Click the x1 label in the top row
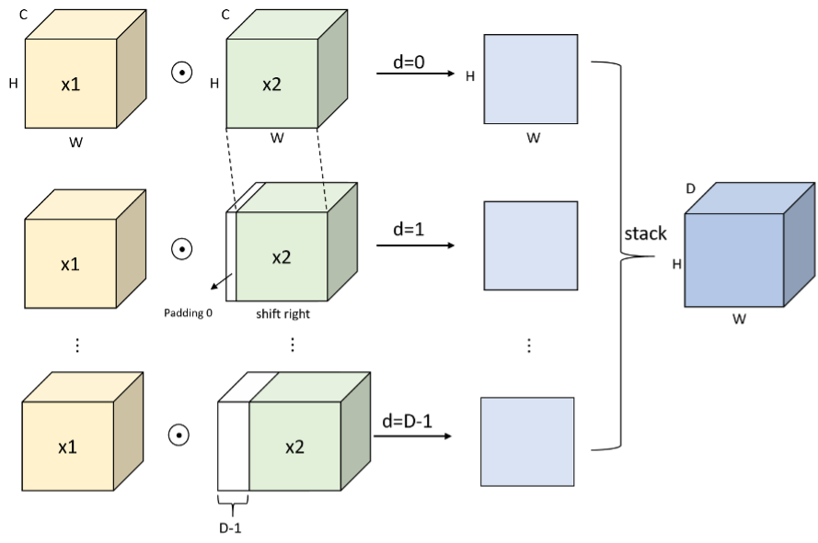click(71, 85)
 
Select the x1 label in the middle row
click(71, 264)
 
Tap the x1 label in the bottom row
click(67, 447)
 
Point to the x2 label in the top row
click(271, 85)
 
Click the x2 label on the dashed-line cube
click(282, 257)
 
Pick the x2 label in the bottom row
click(294, 447)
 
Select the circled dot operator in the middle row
click(182, 248)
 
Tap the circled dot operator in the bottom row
click(179, 435)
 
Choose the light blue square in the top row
click(531, 79)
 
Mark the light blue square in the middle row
click(531, 245)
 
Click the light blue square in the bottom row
click(527, 441)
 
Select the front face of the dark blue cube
click(734, 260)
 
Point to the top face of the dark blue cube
click(750, 199)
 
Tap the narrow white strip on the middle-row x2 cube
click(231, 257)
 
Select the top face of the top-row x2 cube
click(286, 25)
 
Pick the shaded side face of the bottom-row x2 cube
click(355, 432)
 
